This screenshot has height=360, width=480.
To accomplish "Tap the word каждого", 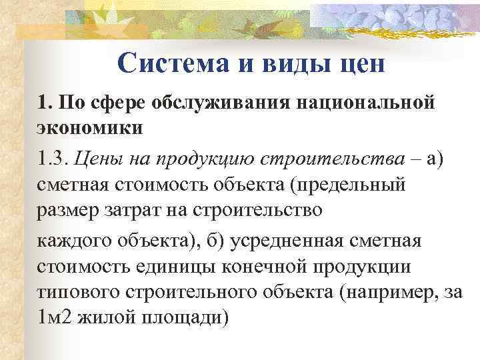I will click(72, 240).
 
